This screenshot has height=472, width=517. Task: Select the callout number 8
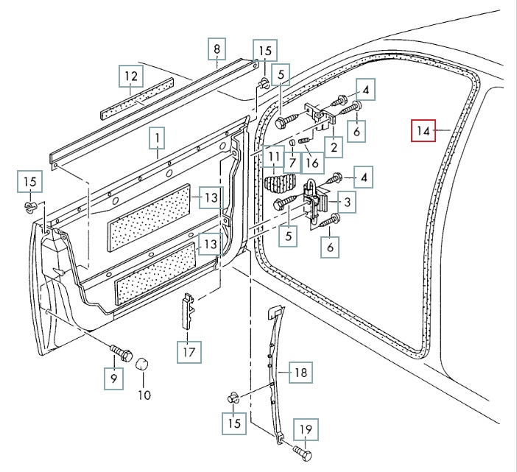click(x=217, y=50)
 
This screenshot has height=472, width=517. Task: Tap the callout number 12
click(x=130, y=76)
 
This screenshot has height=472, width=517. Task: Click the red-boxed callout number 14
click(x=422, y=132)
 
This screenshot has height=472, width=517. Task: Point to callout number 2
click(x=334, y=147)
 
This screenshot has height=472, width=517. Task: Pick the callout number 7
click(x=292, y=161)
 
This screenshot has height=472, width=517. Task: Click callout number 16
click(x=312, y=161)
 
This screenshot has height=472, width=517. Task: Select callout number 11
click(x=274, y=157)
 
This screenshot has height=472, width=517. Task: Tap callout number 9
click(x=113, y=378)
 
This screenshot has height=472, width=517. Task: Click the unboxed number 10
click(x=144, y=395)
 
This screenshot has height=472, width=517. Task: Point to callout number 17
click(x=189, y=352)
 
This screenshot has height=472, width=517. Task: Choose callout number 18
click(x=300, y=373)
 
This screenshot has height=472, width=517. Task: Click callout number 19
click(x=305, y=429)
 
